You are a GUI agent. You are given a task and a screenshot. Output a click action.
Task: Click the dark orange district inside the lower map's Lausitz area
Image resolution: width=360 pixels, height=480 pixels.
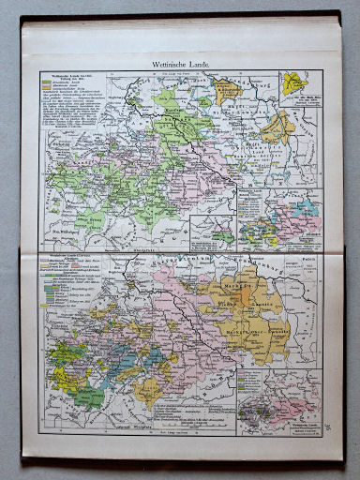click(x=249, y=296)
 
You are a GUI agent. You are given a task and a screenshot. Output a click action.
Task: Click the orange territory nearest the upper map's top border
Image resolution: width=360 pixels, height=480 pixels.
click(x=225, y=89)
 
